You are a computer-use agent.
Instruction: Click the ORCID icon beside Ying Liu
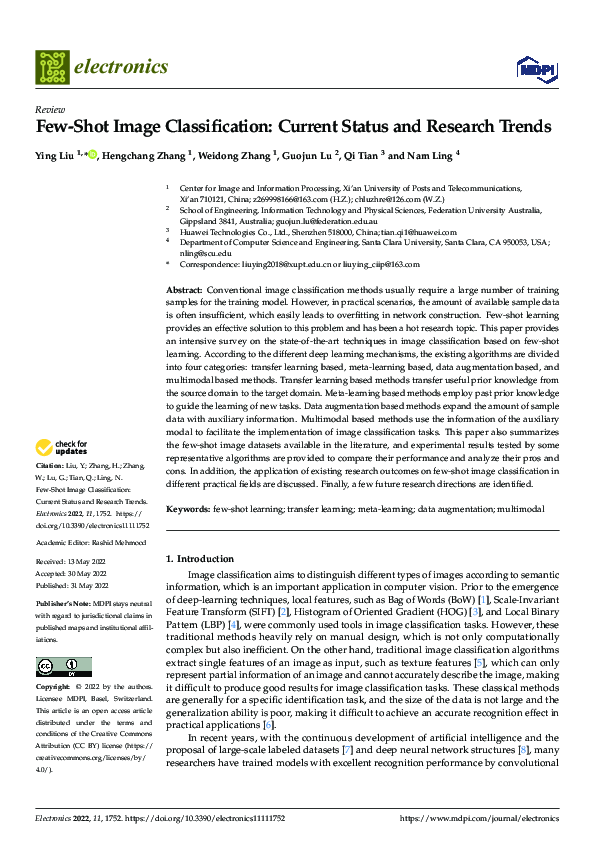coord(93,155)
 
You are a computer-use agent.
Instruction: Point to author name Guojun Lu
coord(304,156)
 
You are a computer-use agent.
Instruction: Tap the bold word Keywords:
coord(188,509)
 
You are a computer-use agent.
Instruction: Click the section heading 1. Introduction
coord(198,558)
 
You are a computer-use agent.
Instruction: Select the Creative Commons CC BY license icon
coord(63,667)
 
